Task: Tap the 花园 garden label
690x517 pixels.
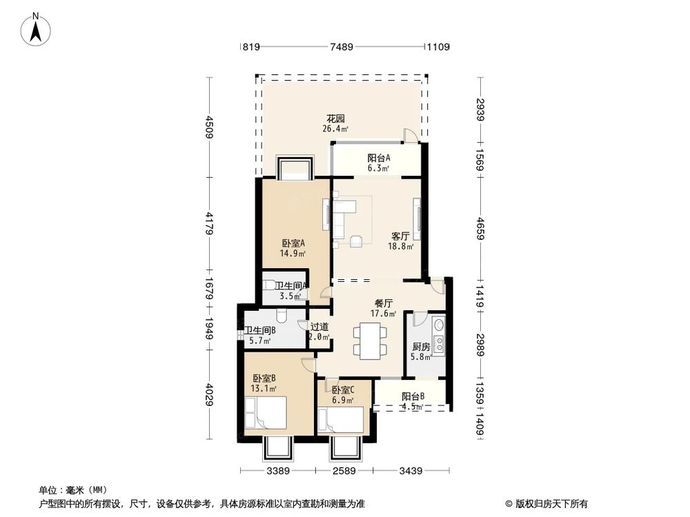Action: [335, 119]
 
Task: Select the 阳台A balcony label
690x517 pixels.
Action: [378, 158]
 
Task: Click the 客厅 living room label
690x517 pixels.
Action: [400, 236]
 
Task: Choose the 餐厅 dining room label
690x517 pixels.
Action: [384, 303]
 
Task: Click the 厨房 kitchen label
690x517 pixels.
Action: [422, 347]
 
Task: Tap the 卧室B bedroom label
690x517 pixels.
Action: [264, 378]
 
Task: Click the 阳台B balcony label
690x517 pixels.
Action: [413, 396]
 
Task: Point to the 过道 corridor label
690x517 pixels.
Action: [319, 327]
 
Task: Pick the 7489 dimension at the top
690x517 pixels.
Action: [342, 47]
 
